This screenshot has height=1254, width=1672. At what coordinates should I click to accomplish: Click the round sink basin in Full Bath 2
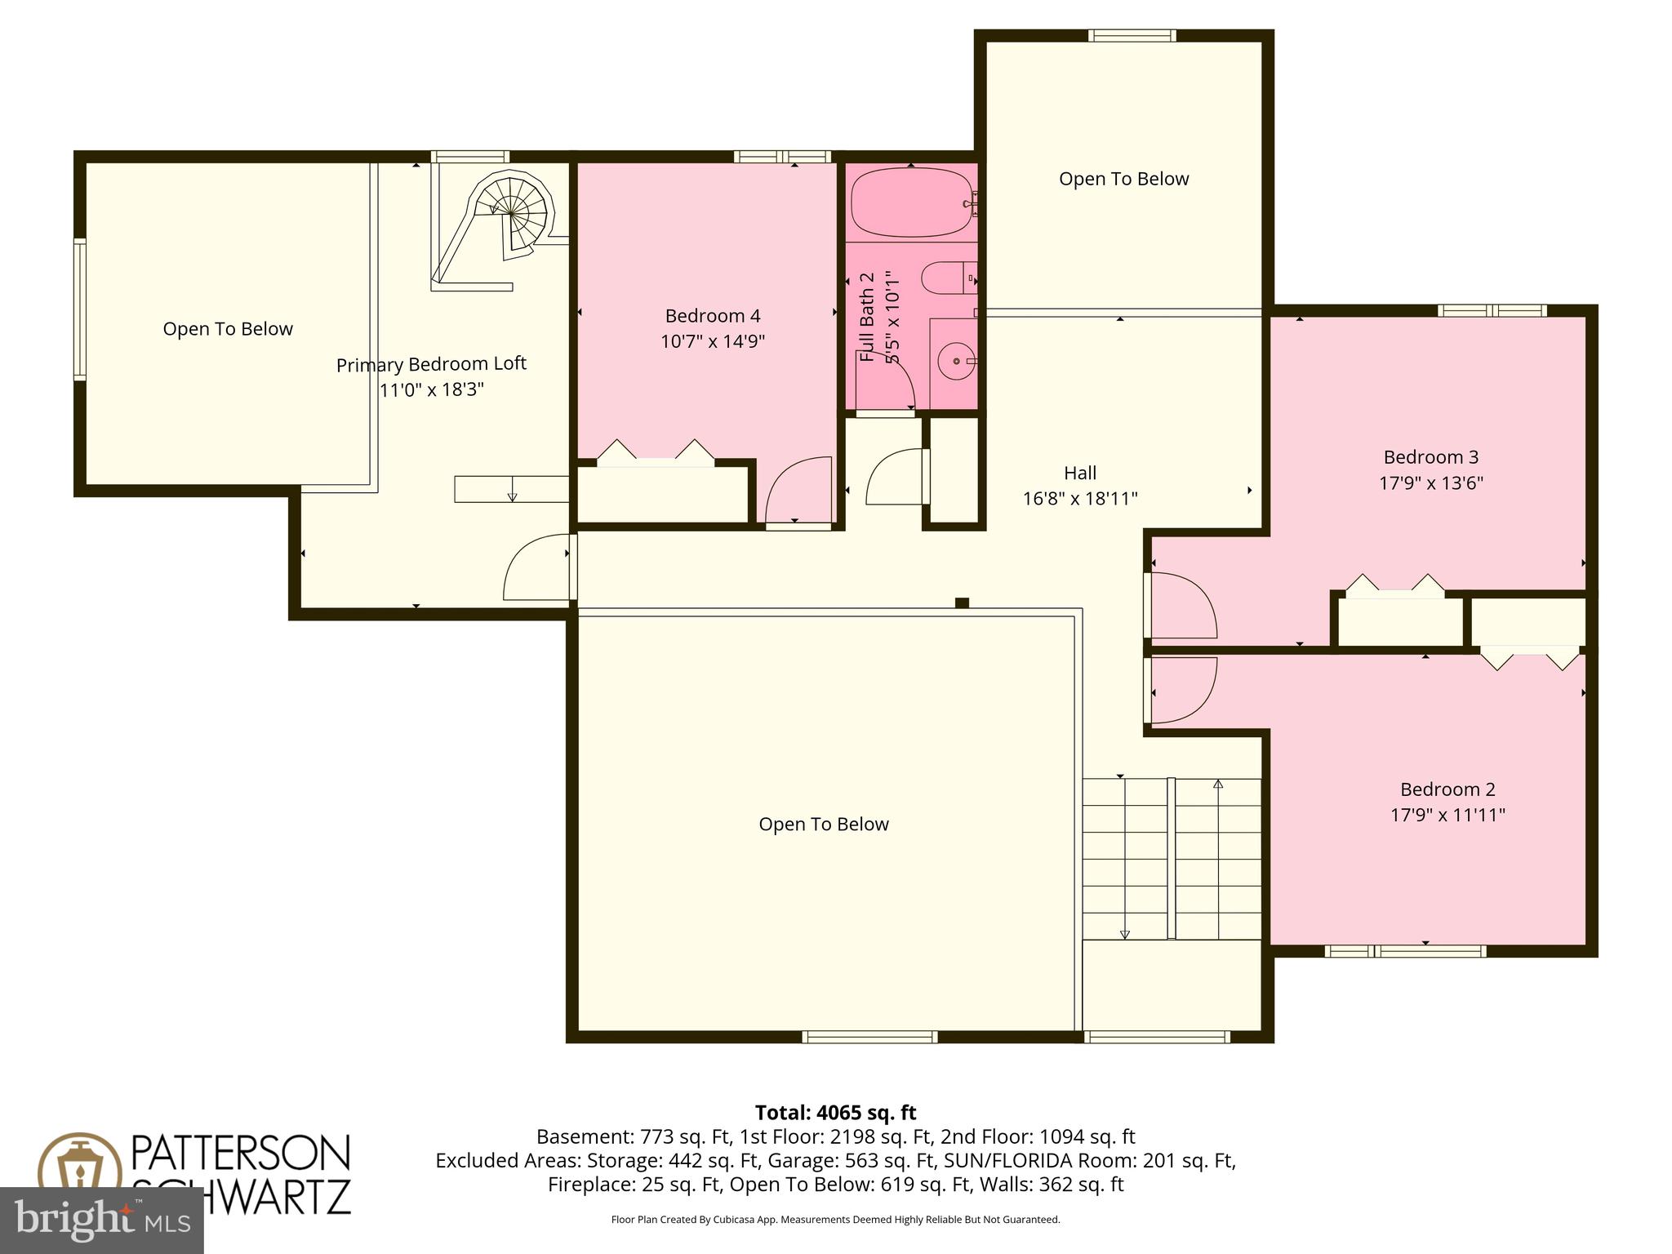point(954,361)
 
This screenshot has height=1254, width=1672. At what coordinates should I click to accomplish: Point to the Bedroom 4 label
point(712,316)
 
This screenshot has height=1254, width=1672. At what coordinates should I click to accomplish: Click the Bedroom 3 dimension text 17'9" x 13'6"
point(1430,482)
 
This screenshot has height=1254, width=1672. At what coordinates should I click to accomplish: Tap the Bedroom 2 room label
point(1447,789)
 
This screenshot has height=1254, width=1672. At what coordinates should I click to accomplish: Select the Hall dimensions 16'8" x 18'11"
point(1079,498)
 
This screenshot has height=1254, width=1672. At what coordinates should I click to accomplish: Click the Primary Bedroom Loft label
point(431,364)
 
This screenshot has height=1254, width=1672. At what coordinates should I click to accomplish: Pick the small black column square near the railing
point(962,603)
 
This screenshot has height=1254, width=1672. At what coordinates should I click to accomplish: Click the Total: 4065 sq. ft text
point(835,1113)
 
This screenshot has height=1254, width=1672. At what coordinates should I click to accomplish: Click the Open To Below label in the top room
point(1123,179)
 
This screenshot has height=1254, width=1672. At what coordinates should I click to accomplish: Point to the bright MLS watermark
point(101,1220)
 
